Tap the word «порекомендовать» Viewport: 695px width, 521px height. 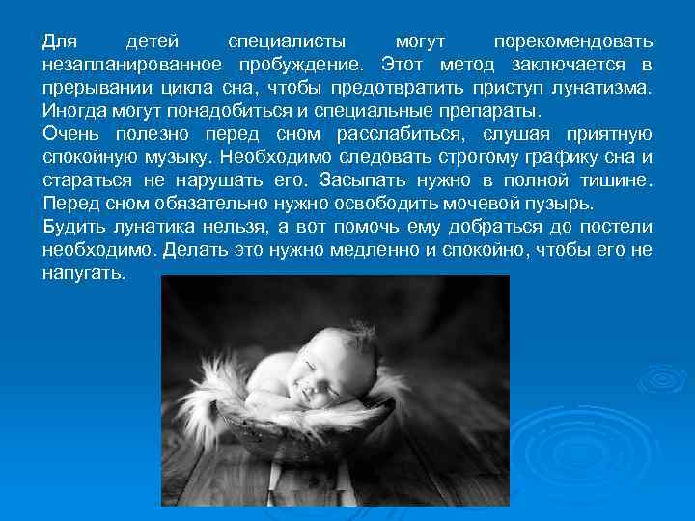pos(572,42)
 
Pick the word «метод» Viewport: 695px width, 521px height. pos(465,65)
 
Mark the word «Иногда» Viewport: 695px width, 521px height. pos(74,109)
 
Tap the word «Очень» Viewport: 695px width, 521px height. pos(72,134)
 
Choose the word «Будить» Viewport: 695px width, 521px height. pos(73,228)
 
